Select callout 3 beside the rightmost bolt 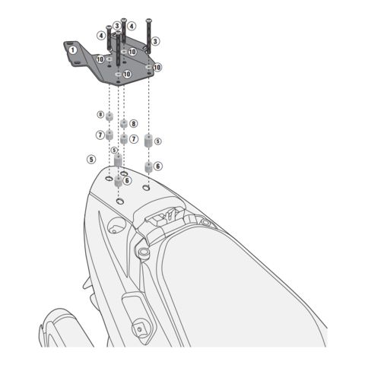pyautogui.click(x=155, y=41)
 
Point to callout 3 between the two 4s pyautogui.click(x=117, y=26)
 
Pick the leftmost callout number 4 pyautogui.click(x=101, y=35)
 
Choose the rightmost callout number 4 pyautogui.click(x=132, y=26)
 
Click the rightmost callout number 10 pyautogui.click(x=157, y=67)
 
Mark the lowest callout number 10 pyautogui.click(x=127, y=74)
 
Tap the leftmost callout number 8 pyautogui.click(x=100, y=114)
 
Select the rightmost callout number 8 pyautogui.click(x=133, y=122)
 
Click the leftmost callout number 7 pyautogui.click(x=100, y=135)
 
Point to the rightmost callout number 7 pyautogui.click(x=133, y=139)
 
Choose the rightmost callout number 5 pyautogui.click(x=157, y=141)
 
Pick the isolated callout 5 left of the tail pyautogui.click(x=91, y=159)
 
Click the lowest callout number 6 pyautogui.click(x=127, y=180)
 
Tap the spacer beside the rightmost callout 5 pyautogui.click(x=148, y=142)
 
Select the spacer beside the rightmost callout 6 pyautogui.click(x=148, y=166)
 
